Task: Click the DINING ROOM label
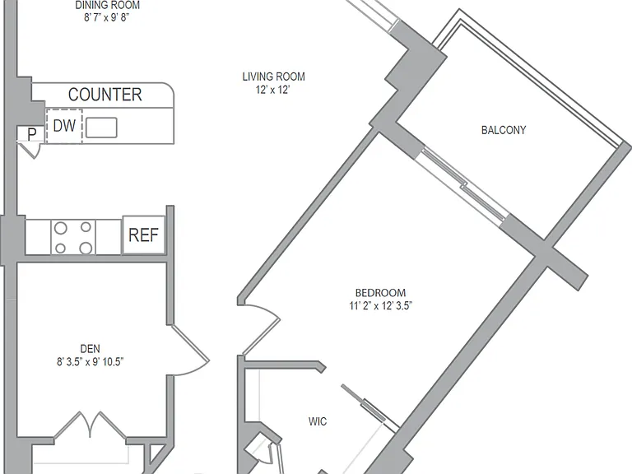coord(108,5)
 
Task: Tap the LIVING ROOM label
coord(274,77)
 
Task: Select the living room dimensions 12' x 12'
coord(273,90)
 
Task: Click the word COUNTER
coord(105,95)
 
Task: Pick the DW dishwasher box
coord(64,126)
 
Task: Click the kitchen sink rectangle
coord(101,128)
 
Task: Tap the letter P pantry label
coord(31,134)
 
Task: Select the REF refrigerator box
coord(143,235)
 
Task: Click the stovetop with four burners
coord(73,237)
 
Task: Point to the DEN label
coord(91,349)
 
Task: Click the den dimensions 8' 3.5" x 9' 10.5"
coord(90,361)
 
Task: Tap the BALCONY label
coord(504,130)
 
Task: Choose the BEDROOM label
coord(380,293)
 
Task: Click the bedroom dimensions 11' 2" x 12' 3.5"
coord(380,305)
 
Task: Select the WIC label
coord(318,421)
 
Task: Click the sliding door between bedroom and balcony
coord(462,184)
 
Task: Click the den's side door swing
coord(189,350)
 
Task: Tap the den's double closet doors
coord(90,425)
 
